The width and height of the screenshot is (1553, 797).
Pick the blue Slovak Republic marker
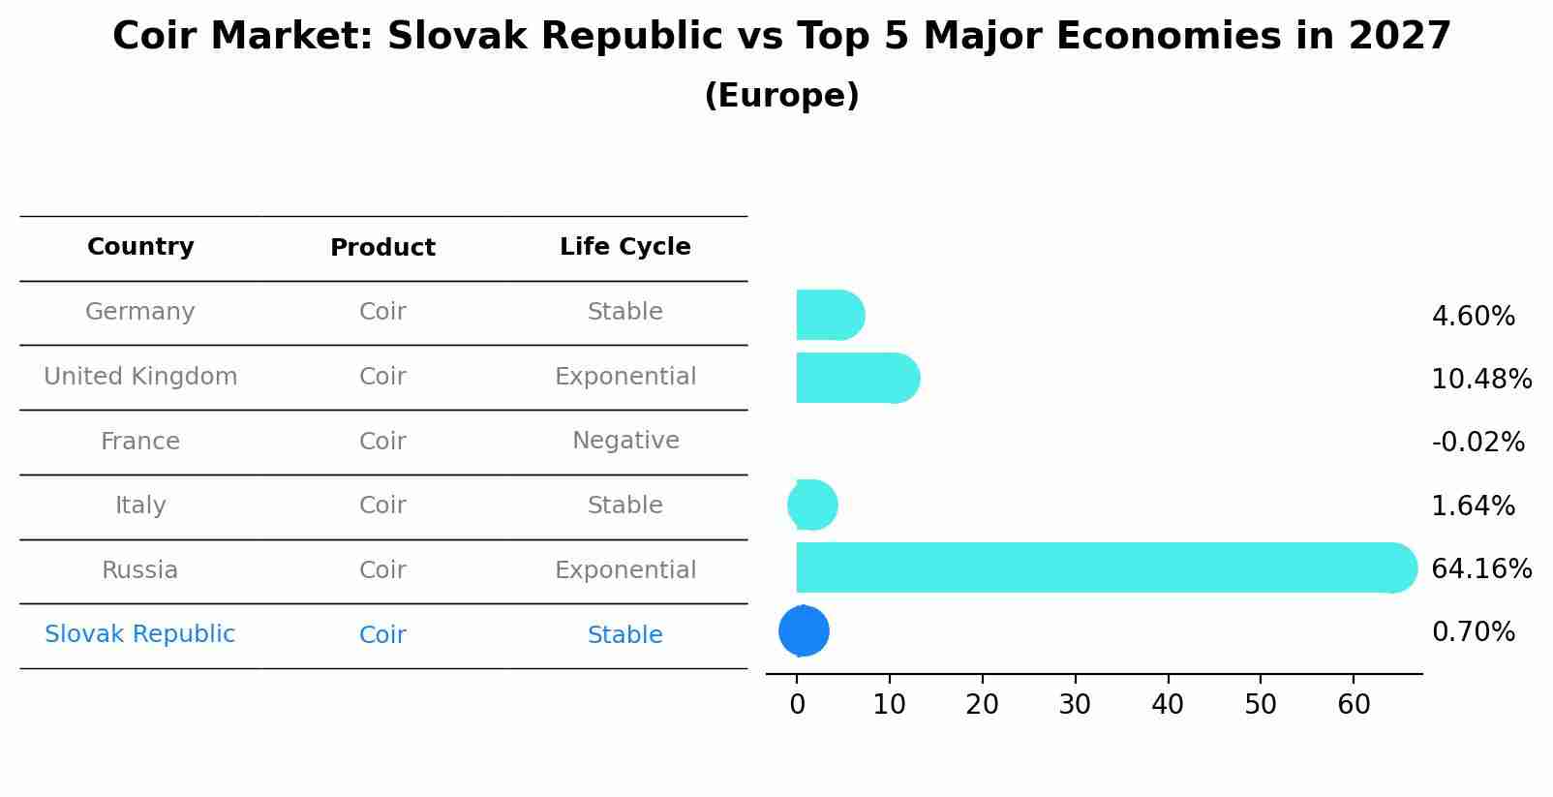[804, 631]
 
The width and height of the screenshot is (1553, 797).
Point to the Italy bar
[812, 505]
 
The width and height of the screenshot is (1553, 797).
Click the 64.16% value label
[1480, 568]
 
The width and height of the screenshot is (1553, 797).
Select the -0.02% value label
[1477, 442]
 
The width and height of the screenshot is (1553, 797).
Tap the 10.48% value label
[1480, 379]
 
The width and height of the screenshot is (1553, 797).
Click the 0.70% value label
[1473, 632]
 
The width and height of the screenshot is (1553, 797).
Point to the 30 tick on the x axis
[1075, 705]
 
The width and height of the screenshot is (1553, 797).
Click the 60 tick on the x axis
[1354, 705]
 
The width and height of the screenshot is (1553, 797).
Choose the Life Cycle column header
[624, 247]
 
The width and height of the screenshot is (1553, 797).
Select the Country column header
[140, 247]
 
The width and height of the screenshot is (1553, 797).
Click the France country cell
[140, 442]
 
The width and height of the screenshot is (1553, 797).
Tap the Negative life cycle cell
[625, 441]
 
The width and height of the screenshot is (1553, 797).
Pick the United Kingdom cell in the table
[140, 377]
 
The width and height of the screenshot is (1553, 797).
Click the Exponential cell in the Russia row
[625, 570]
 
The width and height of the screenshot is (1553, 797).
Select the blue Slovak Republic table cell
[140, 634]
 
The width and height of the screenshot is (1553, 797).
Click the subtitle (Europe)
[781, 96]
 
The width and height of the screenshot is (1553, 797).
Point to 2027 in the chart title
[1399, 37]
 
